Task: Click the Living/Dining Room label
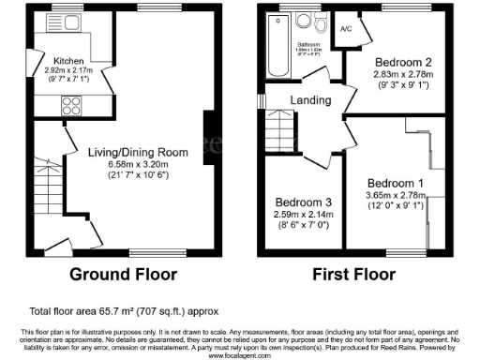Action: pos(138,152)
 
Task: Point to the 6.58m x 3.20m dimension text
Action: pos(138,164)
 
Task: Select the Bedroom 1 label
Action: pos(395,183)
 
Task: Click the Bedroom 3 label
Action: pos(301,202)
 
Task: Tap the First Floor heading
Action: pos(361,276)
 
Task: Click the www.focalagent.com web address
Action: pos(240,355)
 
